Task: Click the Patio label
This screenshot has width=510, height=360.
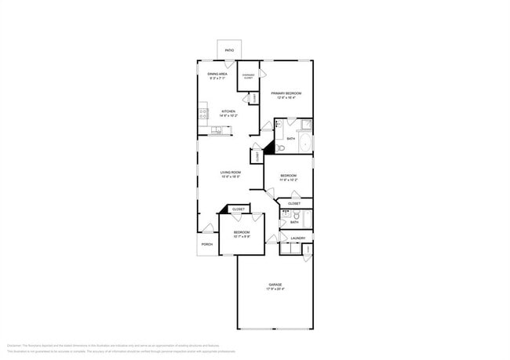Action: tap(229, 50)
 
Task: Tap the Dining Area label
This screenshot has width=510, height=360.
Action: tap(217, 74)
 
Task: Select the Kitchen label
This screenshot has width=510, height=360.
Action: tap(228, 111)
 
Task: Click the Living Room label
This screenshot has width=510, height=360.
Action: tap(230, 172)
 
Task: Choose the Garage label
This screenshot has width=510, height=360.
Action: tap(275, 284)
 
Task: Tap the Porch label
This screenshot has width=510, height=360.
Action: tap(207, 244)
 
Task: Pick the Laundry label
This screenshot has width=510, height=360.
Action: tap(297, 238)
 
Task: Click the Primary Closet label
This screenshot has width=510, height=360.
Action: tap(248, 77)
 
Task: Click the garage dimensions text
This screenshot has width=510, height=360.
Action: tap(275, 289)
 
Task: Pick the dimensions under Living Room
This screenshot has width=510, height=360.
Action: tap(230, 177)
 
